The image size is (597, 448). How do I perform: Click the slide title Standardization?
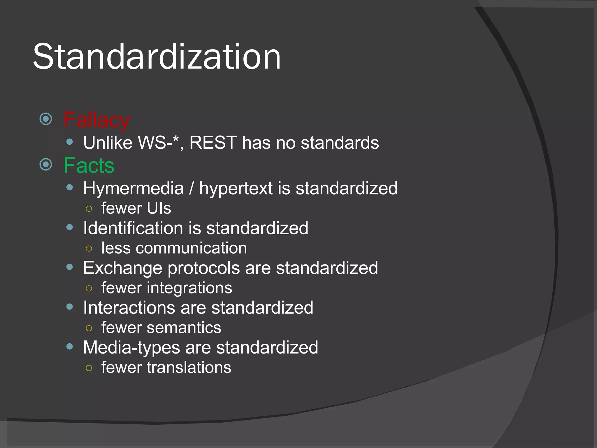[x=157, y=57]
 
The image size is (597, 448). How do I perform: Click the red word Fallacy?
[x=96, y=120]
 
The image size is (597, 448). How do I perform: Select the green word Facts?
[x=89, y=165]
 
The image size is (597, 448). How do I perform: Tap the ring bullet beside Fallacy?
[x=46, y=119]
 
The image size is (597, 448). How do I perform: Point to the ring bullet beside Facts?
[x=46, y=164]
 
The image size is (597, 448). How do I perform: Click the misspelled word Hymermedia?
[x=134, y=188]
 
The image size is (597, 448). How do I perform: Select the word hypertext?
[x=236, y=188]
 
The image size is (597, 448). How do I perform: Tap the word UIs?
[x=159, y=208]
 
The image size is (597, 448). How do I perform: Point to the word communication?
[x=191, y=248]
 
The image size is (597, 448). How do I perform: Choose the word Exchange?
[x=122, y=268]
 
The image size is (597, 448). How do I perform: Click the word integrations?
[x=189, y=288]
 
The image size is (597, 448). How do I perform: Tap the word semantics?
[x=184, y=328]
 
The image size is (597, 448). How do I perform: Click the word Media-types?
[x=131, y=348]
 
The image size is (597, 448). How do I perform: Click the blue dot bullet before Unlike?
[x=70, y=142]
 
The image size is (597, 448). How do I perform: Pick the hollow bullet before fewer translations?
[x=89, y=368]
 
